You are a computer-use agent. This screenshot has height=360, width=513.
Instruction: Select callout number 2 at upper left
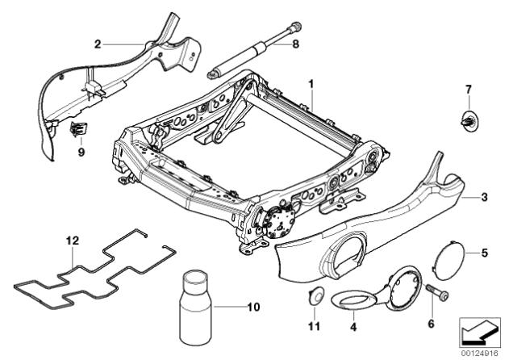[x=98, y=45]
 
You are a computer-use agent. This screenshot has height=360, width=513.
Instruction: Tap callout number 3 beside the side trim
[x=484, y=196]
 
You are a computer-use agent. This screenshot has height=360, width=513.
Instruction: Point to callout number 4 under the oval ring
[x=352, y=327]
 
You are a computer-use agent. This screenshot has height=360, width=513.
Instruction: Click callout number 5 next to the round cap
[x=484, y=253]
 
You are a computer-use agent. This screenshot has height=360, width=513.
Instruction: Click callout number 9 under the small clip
[x=81, y=151]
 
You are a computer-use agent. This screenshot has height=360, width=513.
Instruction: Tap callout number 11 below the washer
[x=315, y=327]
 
